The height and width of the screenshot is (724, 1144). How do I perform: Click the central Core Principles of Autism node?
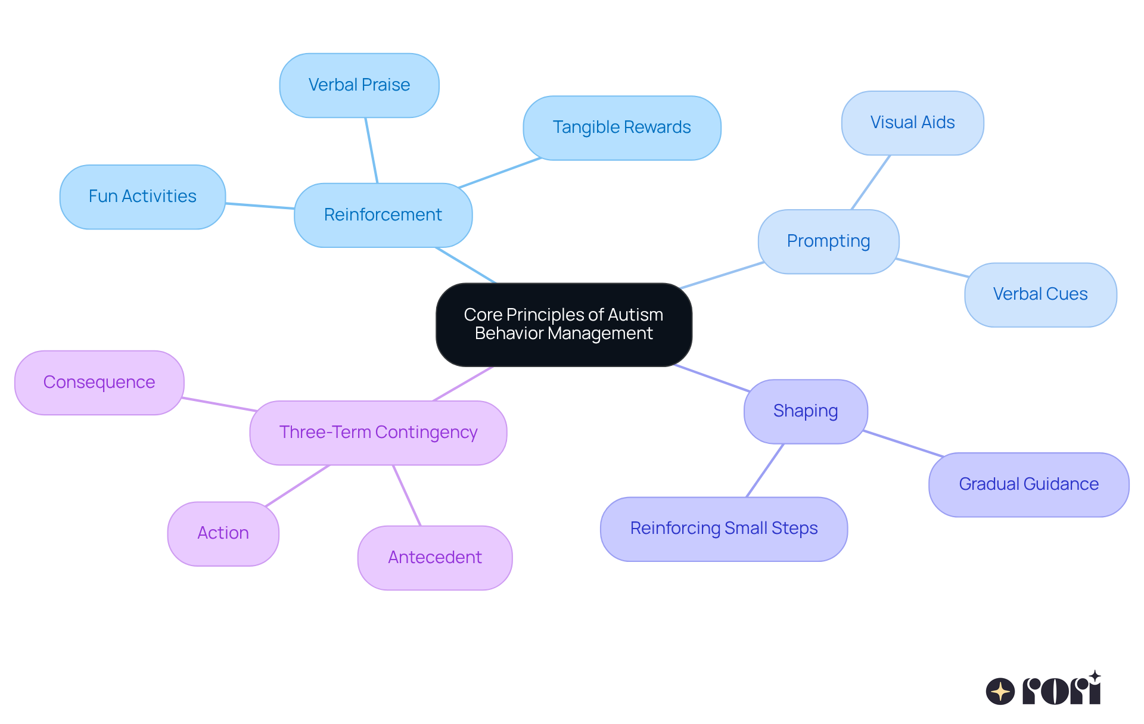pyautogui.click(x=564, y=325)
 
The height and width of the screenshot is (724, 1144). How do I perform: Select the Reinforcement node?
pyautogui.click(x=383, y=215)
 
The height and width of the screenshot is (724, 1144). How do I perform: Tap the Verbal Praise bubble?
pyautogui.click(x=359, y=85)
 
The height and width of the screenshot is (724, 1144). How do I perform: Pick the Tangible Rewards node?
pyautogui.click(x=621, y=128)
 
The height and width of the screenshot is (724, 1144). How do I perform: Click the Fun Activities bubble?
pyautogui.click(x=142, y=197)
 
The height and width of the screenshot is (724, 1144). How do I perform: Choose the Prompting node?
pyautogui.click(x=828, y=241)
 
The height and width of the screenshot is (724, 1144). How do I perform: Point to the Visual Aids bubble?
pyautogui.click(x=912, y=123)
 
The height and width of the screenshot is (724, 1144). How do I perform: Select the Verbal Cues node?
pyautogui.click(x=1040, y=294)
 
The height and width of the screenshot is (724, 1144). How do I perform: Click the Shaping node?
pyautogui.click(x=806, y=411)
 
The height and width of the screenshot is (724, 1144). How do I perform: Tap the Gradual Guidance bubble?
pyautogui.click(x=1028, y=484)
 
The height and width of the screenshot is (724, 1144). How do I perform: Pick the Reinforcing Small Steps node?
pyautogui.click(x=723, y=529)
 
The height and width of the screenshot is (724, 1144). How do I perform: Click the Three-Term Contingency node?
pyautogui.click(x=378, y=433)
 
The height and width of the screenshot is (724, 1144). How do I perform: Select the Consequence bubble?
pyautogui.click(x=99, y=383)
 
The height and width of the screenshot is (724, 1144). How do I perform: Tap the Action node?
pyautogui.click(x=223, y=533)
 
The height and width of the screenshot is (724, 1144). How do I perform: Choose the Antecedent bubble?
pyautogui.click(x=435, y=558)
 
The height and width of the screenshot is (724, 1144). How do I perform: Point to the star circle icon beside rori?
pyautogui.click(x=1000, y=692)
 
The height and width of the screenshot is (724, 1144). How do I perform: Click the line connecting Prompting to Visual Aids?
pyautogui.click(x=871, y=182)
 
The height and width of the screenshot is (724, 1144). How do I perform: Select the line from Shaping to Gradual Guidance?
pyautogui.click(x=903, y=443)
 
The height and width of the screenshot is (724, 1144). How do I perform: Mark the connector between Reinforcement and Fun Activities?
pyautogui.click(x=260, y=206)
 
